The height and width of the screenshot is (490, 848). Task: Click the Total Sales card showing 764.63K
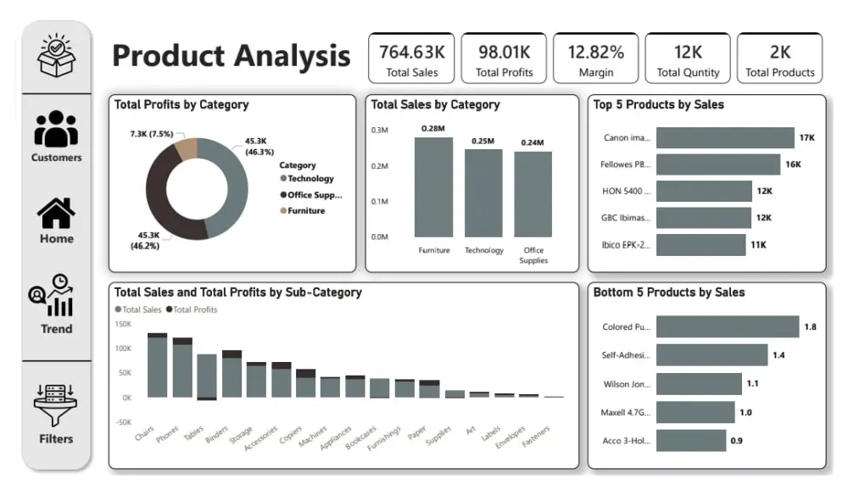412,58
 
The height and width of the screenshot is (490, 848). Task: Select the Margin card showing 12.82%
596,58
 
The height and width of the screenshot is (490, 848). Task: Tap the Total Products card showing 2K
779,58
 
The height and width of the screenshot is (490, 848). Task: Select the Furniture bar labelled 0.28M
433,187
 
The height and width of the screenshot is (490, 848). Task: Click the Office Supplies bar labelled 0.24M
533,194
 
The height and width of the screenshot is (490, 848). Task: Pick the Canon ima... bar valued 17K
724,137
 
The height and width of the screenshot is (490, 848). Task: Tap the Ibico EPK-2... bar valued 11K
700,244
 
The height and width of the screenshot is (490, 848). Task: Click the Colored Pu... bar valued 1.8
727,326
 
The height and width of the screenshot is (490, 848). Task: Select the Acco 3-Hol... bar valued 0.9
690,440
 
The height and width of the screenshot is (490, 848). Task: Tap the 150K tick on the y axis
123,325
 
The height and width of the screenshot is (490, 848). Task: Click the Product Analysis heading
231,56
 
